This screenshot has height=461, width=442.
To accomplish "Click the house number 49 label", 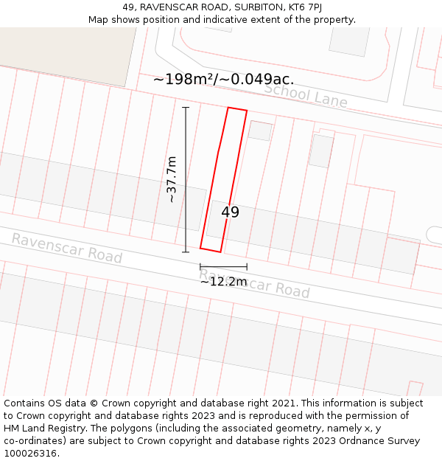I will [x=230, y=212].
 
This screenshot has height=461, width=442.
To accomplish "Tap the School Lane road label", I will [x=306, y=95].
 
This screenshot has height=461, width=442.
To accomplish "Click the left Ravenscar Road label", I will [x=66, y=248].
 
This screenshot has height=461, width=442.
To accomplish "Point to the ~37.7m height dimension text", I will [x=171, y=179].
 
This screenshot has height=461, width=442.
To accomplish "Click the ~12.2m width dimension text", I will [x=223, y=281].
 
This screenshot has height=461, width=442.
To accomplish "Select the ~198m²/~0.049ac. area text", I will [x=223, y=80].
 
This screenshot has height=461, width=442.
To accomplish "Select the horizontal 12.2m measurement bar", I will [x=223, y=266].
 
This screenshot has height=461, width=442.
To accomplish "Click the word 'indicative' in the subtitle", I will [x=231, y=20].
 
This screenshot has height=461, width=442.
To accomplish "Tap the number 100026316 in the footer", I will [x=29, y=454].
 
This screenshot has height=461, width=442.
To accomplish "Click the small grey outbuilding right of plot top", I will [x=260, y=131].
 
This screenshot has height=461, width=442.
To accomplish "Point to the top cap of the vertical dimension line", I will [x=186, y=108].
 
